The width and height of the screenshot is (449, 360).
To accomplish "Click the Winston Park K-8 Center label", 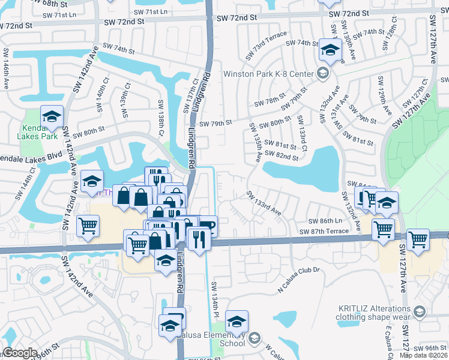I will [269, 74].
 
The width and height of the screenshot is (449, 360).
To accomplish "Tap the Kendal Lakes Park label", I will [40, 132].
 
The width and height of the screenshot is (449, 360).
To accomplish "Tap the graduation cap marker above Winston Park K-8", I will [330, 50].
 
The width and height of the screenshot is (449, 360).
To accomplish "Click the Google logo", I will [20, 353].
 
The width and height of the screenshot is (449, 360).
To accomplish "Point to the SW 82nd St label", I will [283, 157].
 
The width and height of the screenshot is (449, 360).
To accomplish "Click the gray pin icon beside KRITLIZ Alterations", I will [420, 312].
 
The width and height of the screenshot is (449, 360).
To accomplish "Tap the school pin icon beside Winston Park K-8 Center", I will [323, 74].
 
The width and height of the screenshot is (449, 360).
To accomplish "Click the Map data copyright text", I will [423, 355].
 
